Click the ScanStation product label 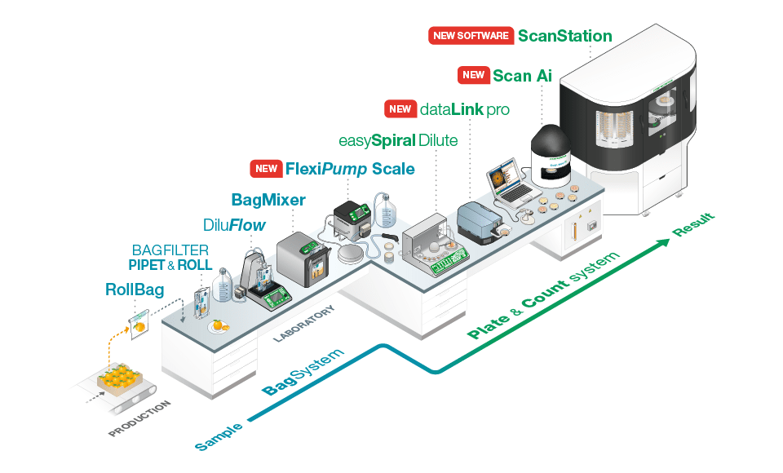[564, 36]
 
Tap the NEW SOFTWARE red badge [470, 36]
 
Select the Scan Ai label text [522, 76]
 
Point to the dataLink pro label [464, 109]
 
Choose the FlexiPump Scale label [349, 170]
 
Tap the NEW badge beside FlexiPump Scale [266, 170]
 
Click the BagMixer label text [268, 200]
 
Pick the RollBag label [135, 290]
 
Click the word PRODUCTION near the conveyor [139, 418]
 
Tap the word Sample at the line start [219, 435]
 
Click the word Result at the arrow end [693, 225]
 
